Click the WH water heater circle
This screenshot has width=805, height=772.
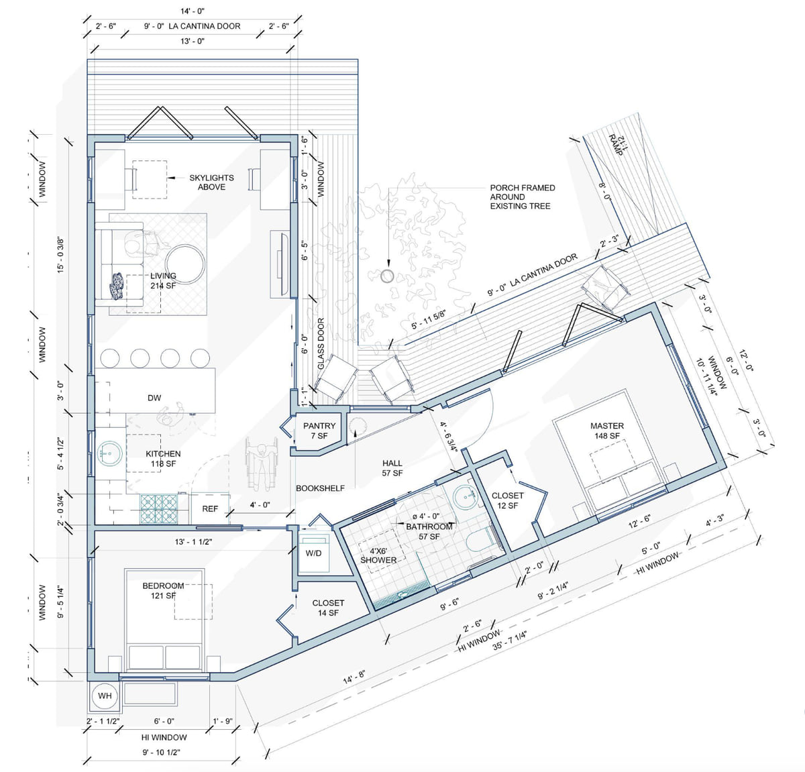(x=104, y=696)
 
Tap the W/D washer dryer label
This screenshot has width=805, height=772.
(x=313, y=553)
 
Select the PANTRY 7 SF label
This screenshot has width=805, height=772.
(x=319, y=431)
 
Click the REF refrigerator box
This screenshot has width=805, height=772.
(x=210, y=509)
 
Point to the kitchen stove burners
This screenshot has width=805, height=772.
(x=159, y=509)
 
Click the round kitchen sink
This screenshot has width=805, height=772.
(x=109, y=453)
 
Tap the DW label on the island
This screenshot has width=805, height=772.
(x=154, y=398)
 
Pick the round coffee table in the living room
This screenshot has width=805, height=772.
(x=185, y=264)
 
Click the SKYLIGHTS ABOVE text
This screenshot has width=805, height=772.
(x=211, y=182)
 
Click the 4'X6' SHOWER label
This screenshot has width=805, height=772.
(x=378, y=555)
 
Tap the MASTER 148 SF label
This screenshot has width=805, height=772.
(x=607, y=431)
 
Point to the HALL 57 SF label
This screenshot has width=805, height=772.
(x=392, y=468)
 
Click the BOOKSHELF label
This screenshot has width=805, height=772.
(x=320, y=488)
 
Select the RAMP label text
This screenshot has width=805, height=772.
(x=615, y=145)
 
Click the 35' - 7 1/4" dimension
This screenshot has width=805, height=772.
(x=509, y=641)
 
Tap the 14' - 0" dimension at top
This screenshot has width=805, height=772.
(x=193, y=11)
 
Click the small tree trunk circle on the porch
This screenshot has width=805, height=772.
(x=387, y=276)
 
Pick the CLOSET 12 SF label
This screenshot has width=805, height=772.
(x=508, y=500)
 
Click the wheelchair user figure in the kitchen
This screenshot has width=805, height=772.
(x=262, y=463)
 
